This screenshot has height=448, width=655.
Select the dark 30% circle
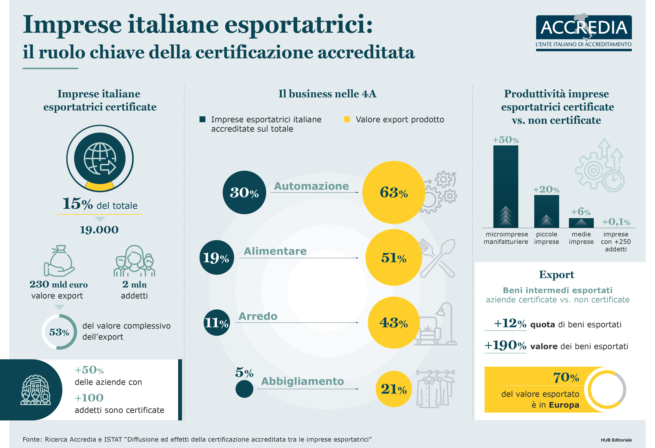[244, 192]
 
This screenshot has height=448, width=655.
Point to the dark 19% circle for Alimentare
[216, 257]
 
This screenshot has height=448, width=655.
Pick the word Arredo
[258, 316]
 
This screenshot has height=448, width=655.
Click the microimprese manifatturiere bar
[506, 186]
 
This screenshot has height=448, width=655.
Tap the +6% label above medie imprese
[581, 212]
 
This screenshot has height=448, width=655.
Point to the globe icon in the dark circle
[100, 158]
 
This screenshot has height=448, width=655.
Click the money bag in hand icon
[59, 261]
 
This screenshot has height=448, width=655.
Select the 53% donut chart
[59, 332]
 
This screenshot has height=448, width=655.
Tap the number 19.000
[99, 230]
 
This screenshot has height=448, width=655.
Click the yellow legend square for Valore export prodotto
[347, 119]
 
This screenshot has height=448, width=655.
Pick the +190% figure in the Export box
[505, 345]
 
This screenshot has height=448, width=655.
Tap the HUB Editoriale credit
[616, 440]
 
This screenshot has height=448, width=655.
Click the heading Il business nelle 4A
[327, 94]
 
